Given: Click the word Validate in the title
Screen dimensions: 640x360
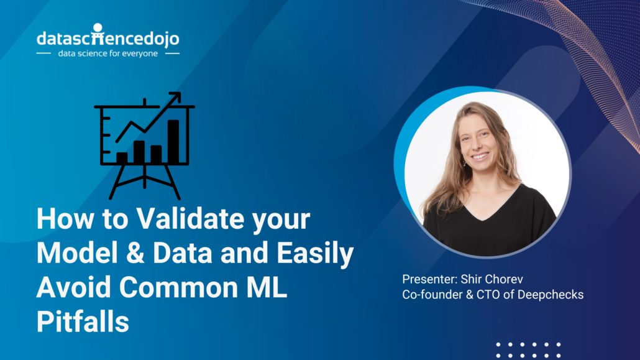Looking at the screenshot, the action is pyautogui.click(x=190, y=219).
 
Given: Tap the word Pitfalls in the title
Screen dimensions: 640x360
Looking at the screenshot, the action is pyautogui.click(x=83, y=321).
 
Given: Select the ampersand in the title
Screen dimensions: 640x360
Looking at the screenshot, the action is pyautogui.click(x=135, y=253).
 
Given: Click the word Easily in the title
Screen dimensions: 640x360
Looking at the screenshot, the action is pyautogui.click(x=315, y=254).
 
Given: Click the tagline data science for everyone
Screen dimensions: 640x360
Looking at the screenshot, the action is pyautogui.click(x=107, y=53).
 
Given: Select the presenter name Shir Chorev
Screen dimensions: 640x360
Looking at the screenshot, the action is pyautogui.click(x=492, y=279).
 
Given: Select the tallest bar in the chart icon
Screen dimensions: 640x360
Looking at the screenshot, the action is pyautogui.click(x=173, y=141).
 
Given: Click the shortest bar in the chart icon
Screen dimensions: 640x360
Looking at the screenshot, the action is pyautogui.click(x=122, y=158).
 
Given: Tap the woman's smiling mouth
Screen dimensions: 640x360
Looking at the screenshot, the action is pyautogui.click(x=480, y=156).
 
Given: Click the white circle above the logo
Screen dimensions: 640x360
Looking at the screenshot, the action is pyautogui.click(x=98, y=27).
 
